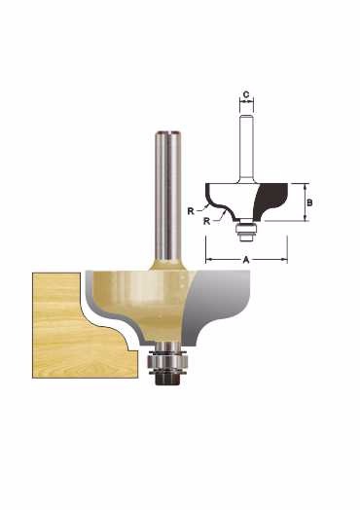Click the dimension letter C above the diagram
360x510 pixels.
point(246,94)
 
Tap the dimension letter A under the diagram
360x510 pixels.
point(246,260)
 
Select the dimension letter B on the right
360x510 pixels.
point(309,202)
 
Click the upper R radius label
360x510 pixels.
point(191,211)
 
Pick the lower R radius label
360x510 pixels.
point(206,221)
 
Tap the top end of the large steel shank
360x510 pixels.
point(167,132)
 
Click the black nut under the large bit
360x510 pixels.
point(167,380)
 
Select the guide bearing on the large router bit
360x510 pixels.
point(167,360)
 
